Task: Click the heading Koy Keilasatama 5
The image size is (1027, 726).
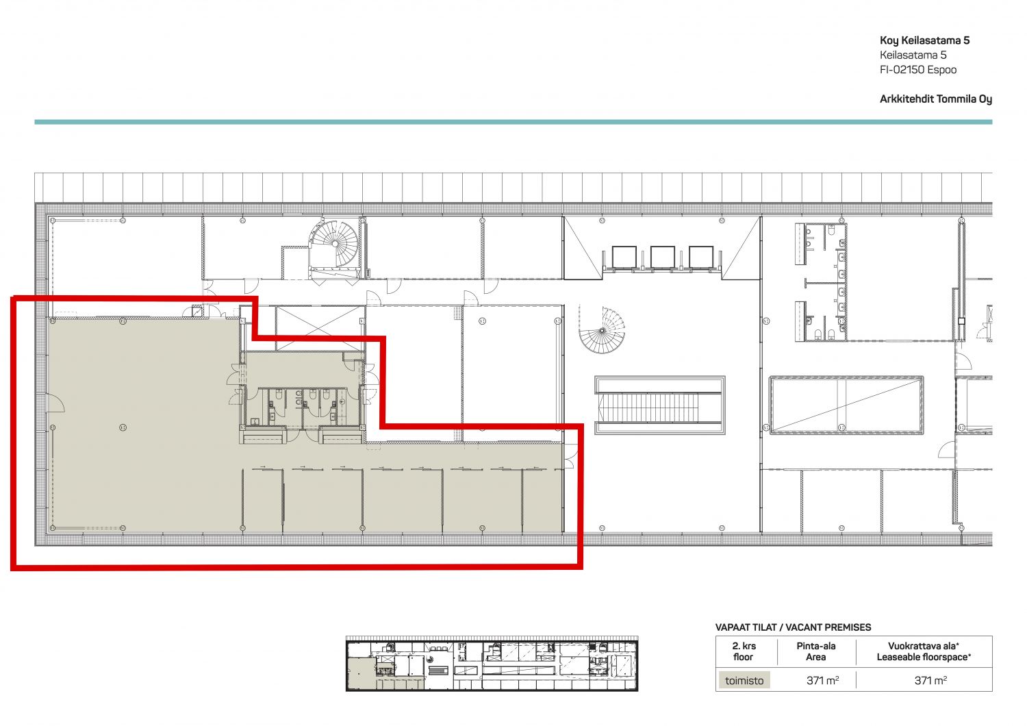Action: pos(924,41)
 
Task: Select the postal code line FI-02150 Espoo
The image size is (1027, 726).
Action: pos(918,70)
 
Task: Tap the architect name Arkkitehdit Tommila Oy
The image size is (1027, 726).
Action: pos(936,99)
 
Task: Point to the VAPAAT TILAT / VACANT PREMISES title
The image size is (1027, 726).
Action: pos(793,627)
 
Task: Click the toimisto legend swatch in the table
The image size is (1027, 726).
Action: pos(744,680)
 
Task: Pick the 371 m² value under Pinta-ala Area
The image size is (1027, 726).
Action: pos(822,680)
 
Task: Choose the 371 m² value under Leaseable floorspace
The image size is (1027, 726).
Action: pos(930,680)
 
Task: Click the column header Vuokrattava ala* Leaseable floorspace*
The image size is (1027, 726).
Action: pos(924,651)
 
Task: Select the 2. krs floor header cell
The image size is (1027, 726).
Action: pos(744,651)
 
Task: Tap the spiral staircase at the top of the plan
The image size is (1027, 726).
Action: pos(335,243)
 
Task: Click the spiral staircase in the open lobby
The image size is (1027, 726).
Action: pos(602,329)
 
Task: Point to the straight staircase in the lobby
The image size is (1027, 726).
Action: pos(660,405)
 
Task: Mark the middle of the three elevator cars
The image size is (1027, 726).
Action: pos(663,257)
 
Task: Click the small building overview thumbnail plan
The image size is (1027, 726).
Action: pos(492,663)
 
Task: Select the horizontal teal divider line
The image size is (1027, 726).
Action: pos(513,122)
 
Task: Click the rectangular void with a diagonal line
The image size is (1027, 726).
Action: pos(846,405)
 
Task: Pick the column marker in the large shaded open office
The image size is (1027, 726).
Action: pos(123,427)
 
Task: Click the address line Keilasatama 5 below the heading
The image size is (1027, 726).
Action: pos(913,55)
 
